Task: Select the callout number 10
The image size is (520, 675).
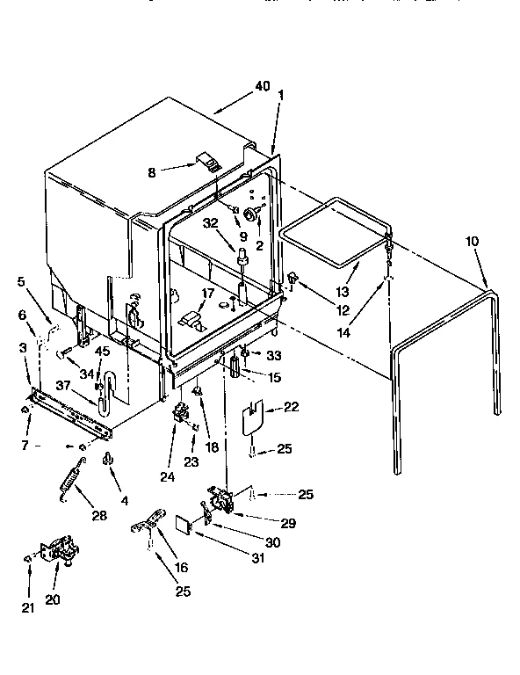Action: [x=473, y=240]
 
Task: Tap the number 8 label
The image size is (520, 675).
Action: [x=151, y=173]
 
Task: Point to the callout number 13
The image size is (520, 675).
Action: [x=342, y=291]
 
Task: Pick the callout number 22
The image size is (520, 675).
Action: [x=291, y=408]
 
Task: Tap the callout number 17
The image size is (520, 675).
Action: [x=209, y=294]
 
